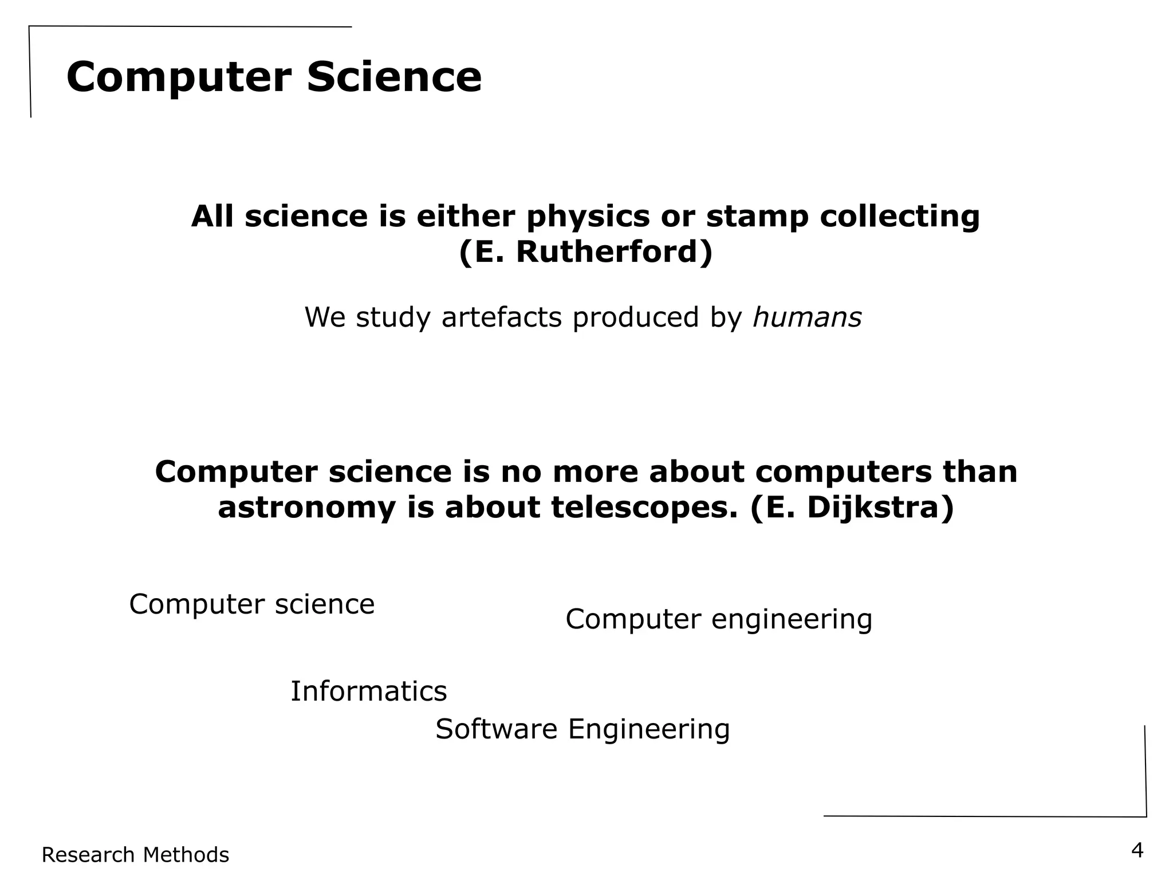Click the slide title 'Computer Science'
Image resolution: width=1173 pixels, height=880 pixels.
(x=274, y=77)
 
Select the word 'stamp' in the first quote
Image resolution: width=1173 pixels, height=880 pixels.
(x=757, y=217)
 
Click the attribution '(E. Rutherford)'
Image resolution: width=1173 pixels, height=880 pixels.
(x=585, y=252)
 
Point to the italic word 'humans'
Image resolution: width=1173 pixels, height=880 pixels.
(x=806, y=317)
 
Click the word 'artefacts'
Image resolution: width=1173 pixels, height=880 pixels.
(x=502, y=317)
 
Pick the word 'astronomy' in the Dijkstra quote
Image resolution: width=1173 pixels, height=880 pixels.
(x=307, y=508)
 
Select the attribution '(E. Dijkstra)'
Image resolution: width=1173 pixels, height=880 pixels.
(x=852, y=508)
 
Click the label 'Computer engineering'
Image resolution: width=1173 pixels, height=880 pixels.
(x=719, y=619)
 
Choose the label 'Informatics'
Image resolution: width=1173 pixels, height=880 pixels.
(x=368, y=691)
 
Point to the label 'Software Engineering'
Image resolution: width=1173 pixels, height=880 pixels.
(x=582, y=729)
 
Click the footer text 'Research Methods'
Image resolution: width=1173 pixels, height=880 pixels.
(x=135, y=855)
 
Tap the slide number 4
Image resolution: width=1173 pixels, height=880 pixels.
(x=1137, y=851)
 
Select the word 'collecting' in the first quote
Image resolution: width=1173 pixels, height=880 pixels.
(x=899, y=217)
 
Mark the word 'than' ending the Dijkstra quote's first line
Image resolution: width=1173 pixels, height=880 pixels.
(x=987, y=473)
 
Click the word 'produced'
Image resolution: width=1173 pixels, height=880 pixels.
(x=636, y=317)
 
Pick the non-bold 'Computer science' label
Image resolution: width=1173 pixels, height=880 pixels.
(x=252, y=604)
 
